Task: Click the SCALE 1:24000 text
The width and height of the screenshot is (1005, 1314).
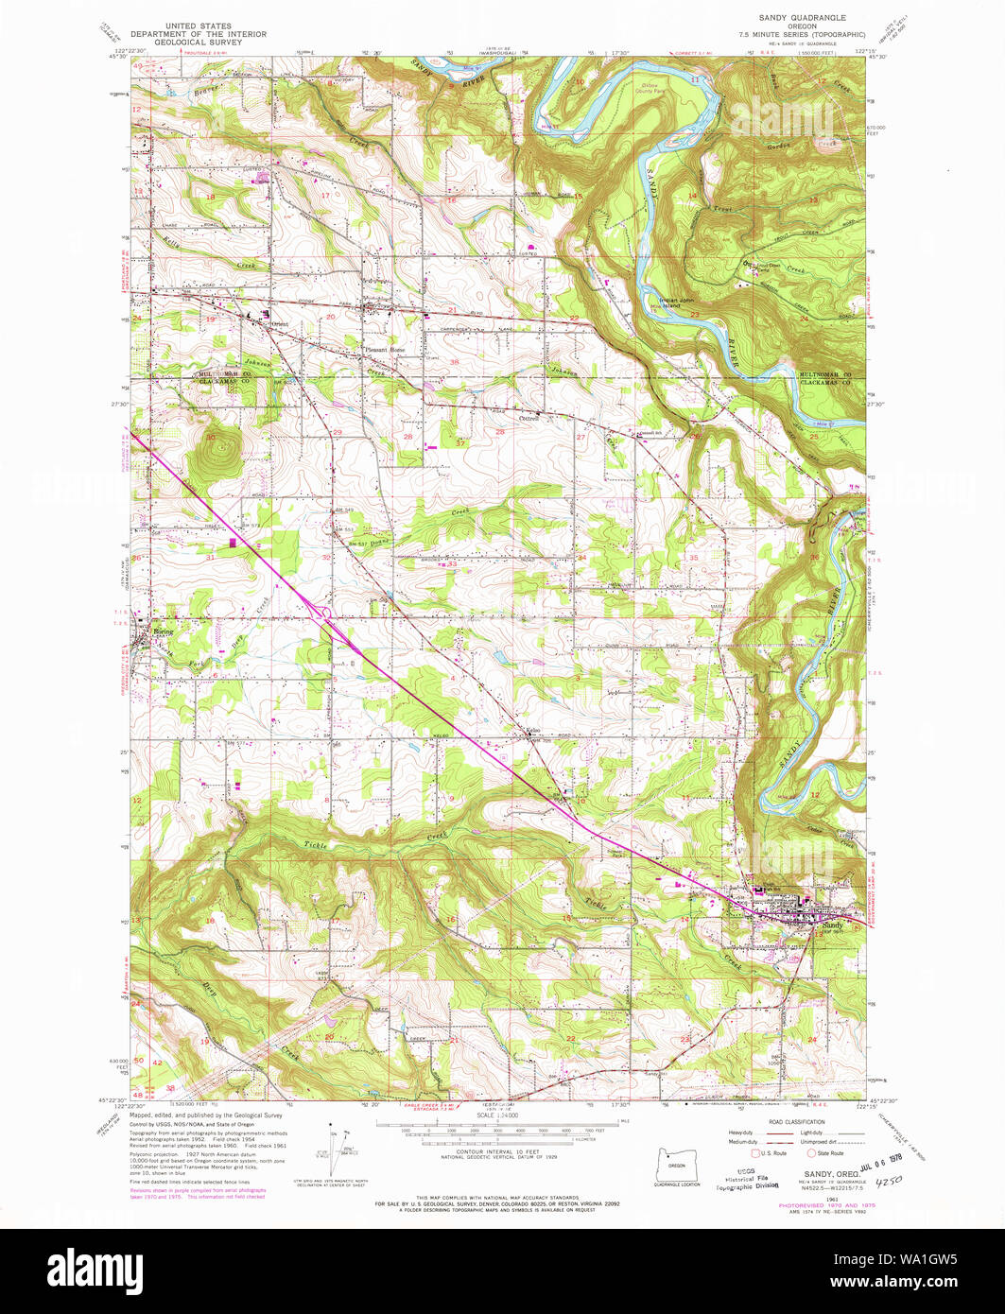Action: tap(502, 1115)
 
